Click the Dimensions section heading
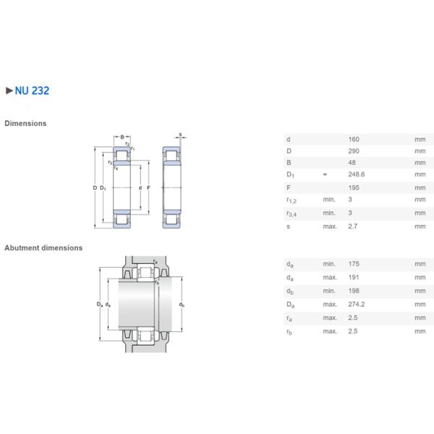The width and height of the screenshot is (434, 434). [25, 123]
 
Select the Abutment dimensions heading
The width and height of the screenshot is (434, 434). [43, 247]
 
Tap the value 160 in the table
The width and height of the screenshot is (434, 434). [354, 139]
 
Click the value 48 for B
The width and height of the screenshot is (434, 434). [352, 163]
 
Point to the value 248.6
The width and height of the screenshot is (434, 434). [356, 176]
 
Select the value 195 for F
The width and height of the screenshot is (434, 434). [354, 188]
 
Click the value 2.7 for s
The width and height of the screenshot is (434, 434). [353, 226]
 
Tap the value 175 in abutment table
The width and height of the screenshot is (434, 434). [354, 264]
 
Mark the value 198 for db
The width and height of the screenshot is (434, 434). [354, 291]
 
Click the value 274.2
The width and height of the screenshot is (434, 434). [356, 304]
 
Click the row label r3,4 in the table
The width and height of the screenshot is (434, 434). [292, 213]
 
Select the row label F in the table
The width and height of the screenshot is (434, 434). [289, 188]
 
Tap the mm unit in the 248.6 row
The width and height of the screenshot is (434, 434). [420, 176]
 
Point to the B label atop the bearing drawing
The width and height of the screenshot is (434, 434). [122, 136]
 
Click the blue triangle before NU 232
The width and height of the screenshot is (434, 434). [9, 91]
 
